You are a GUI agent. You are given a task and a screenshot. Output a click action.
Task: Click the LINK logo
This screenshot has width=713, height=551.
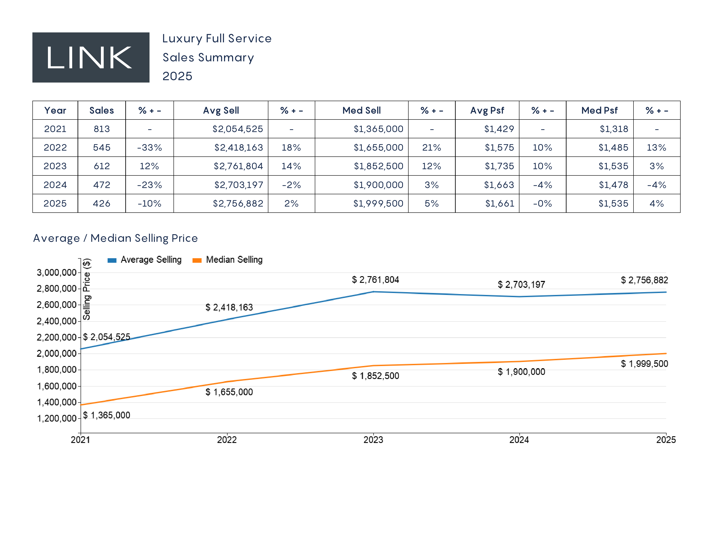click(91, 57)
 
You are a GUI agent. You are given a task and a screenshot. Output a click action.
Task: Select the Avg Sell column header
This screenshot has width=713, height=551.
click(221, 110)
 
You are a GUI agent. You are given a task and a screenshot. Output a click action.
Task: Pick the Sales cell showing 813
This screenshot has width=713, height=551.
click(102, 129)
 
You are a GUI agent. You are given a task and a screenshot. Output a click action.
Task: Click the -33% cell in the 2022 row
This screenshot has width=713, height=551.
click(150, 148)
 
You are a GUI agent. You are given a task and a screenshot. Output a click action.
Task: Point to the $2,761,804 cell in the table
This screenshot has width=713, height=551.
click(238, 166)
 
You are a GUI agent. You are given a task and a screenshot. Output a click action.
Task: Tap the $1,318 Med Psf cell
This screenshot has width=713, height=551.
click(614, 129)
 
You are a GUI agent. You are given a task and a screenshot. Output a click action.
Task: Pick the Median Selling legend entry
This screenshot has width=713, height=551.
click(228, 260)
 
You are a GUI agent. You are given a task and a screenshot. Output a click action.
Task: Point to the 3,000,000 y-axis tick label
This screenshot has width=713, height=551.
click(56, 272)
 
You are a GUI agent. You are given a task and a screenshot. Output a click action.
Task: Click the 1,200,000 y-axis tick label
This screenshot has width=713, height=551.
click(56, 419)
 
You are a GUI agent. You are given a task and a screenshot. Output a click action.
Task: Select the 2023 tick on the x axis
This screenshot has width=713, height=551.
click(373, 440)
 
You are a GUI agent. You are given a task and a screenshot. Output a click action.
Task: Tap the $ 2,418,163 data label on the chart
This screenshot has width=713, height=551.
click(229, 307)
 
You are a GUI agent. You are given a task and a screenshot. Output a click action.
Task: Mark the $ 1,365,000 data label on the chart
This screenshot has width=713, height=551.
click(107, 415)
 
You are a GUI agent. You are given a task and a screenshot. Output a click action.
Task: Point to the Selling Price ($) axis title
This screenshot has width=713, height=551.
click(86, 289)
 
